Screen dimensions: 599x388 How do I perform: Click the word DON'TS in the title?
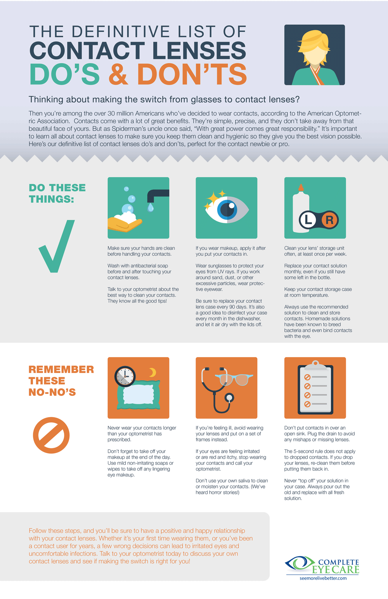(x=192, y=74)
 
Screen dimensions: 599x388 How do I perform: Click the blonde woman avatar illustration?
(x=314, y=55)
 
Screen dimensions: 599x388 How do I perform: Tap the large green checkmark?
(x=57, y=247)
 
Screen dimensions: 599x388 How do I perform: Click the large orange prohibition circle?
(x=51, y=435)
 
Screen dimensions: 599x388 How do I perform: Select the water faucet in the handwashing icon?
(x=157, y=195)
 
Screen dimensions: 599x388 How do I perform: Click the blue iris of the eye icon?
(x=227, y=210)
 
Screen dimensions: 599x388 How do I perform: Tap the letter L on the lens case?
(x=308, y=220)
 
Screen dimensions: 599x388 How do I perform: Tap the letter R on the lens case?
(x=329, y=220)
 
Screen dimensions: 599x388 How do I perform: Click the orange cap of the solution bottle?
(x=300, y=188)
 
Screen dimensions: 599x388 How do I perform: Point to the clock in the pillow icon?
(x=125, y=376)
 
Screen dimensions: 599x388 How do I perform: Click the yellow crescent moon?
(x=152, y=373)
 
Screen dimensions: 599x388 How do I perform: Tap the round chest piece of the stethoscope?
(x=230, y=397)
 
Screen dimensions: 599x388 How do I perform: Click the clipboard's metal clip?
(x=315, y=364)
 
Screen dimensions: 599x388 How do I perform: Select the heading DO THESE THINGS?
(x=57, y=193)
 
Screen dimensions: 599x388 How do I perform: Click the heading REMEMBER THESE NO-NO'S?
(x=61, y=381)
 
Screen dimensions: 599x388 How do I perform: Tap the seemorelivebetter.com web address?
(x=323, y=578)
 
